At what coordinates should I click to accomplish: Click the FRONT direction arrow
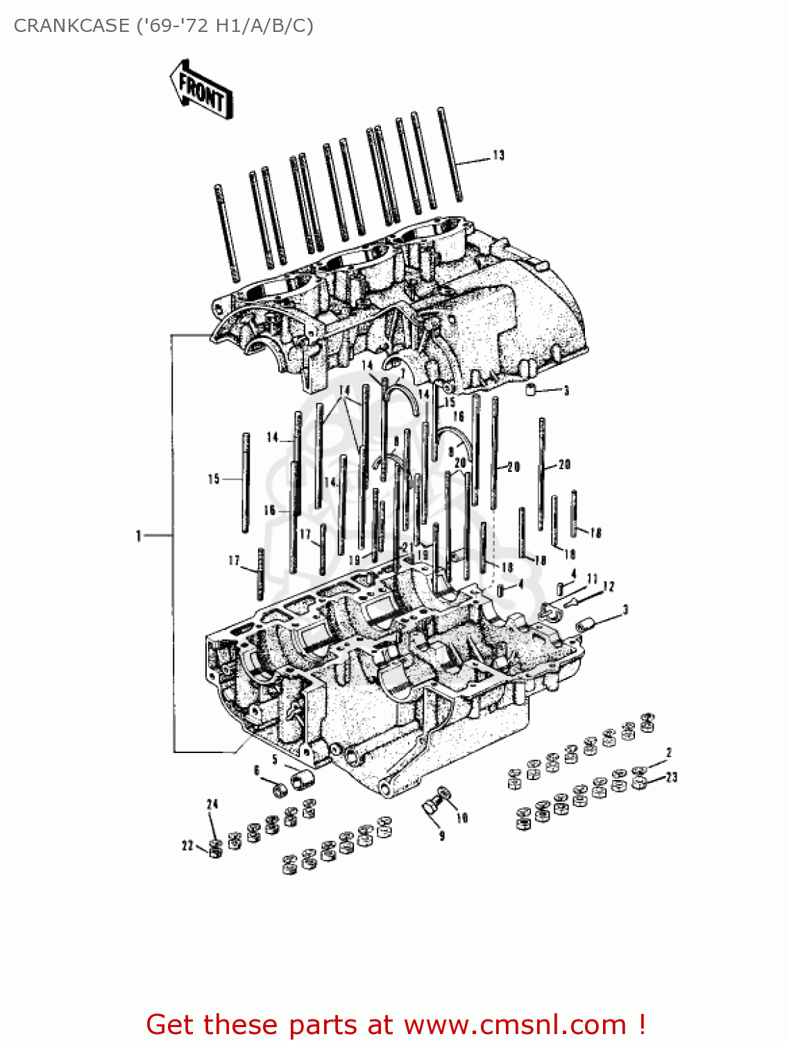[201, 90]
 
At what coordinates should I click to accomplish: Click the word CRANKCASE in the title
[71, 26]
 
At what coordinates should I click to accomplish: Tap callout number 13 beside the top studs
[498, 155]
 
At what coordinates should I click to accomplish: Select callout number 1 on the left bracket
[139, 536]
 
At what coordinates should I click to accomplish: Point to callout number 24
[212, 804]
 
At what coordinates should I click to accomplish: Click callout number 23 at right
[671, 777]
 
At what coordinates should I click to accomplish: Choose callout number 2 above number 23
[668, 752]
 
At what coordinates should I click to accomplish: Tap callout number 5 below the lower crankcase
[275, 760]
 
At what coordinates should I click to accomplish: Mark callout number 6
[257, 770]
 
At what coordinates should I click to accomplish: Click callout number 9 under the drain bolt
[441, 836]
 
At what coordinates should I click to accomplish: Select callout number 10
[462, 818]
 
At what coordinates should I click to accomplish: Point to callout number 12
[609, 587]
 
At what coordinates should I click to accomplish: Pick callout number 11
[592, 578]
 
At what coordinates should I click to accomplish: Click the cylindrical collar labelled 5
[302, 779]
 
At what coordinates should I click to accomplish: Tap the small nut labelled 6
[279, 790]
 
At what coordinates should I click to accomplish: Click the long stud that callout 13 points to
[450, 155]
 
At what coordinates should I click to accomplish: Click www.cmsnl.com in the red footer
[515, 1024]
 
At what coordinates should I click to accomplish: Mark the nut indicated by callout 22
[216, 849]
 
